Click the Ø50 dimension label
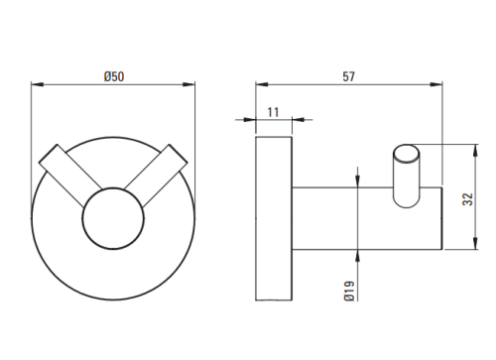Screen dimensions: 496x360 [114, 76]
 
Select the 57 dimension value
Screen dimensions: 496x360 [348, 76]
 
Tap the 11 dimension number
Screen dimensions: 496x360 [273, 112]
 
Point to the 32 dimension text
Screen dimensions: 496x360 [468, 199]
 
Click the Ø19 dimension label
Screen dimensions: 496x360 [349, 291]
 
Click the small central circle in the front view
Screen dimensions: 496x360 [113, 219]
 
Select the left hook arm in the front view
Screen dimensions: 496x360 [71, 175]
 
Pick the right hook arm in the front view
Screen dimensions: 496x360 [156, 175]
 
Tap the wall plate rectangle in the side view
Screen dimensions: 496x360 [274, 218]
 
